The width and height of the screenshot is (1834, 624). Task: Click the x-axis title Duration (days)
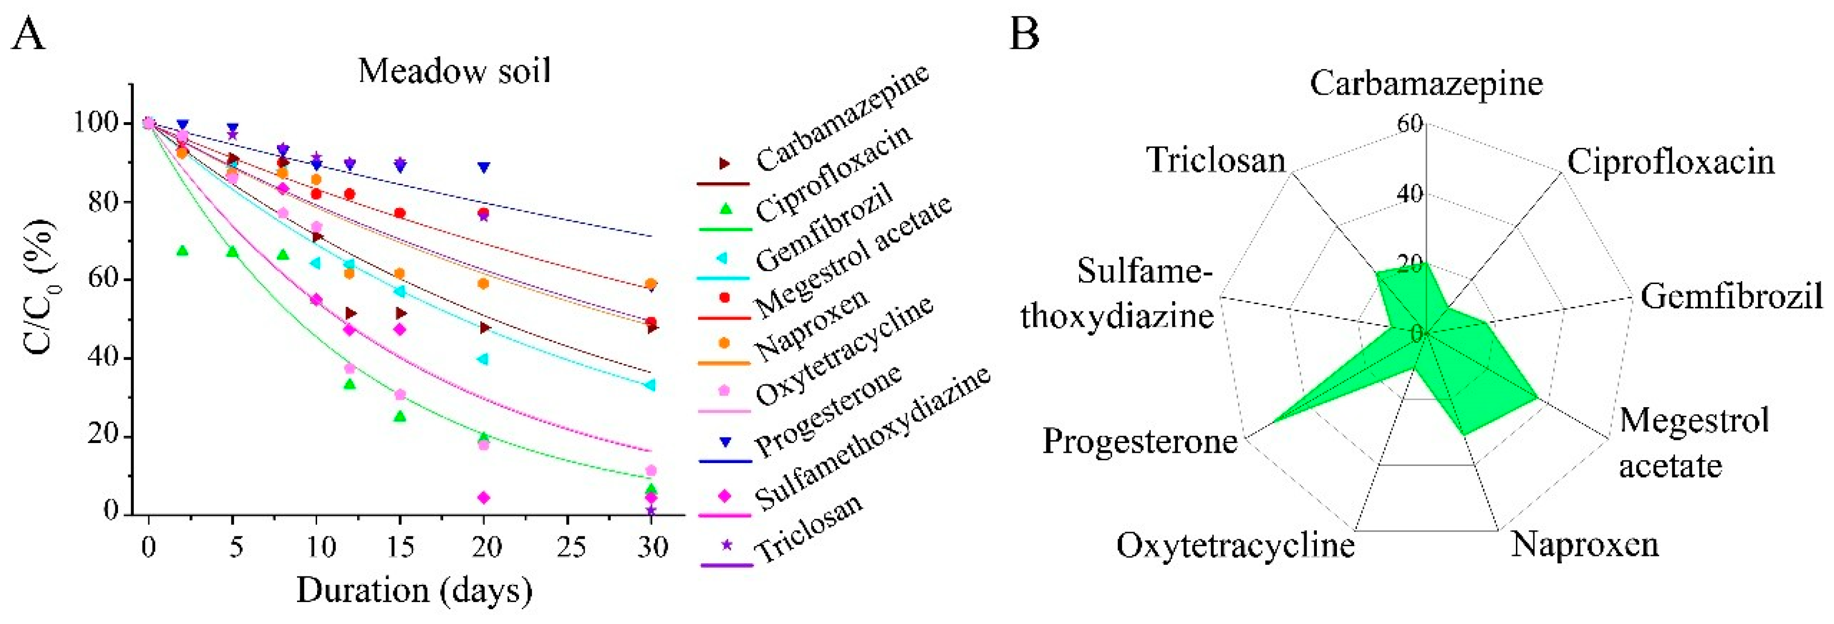415,590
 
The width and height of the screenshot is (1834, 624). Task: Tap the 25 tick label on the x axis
568,547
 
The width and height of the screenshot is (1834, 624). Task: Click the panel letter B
1024,34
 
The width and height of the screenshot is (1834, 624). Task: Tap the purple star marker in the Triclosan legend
726,546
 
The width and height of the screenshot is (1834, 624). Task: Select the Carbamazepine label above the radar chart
1426,84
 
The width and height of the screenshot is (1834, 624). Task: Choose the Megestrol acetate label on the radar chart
1693,443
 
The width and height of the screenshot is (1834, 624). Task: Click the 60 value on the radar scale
1410,124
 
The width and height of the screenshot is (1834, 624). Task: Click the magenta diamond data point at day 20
484,497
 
